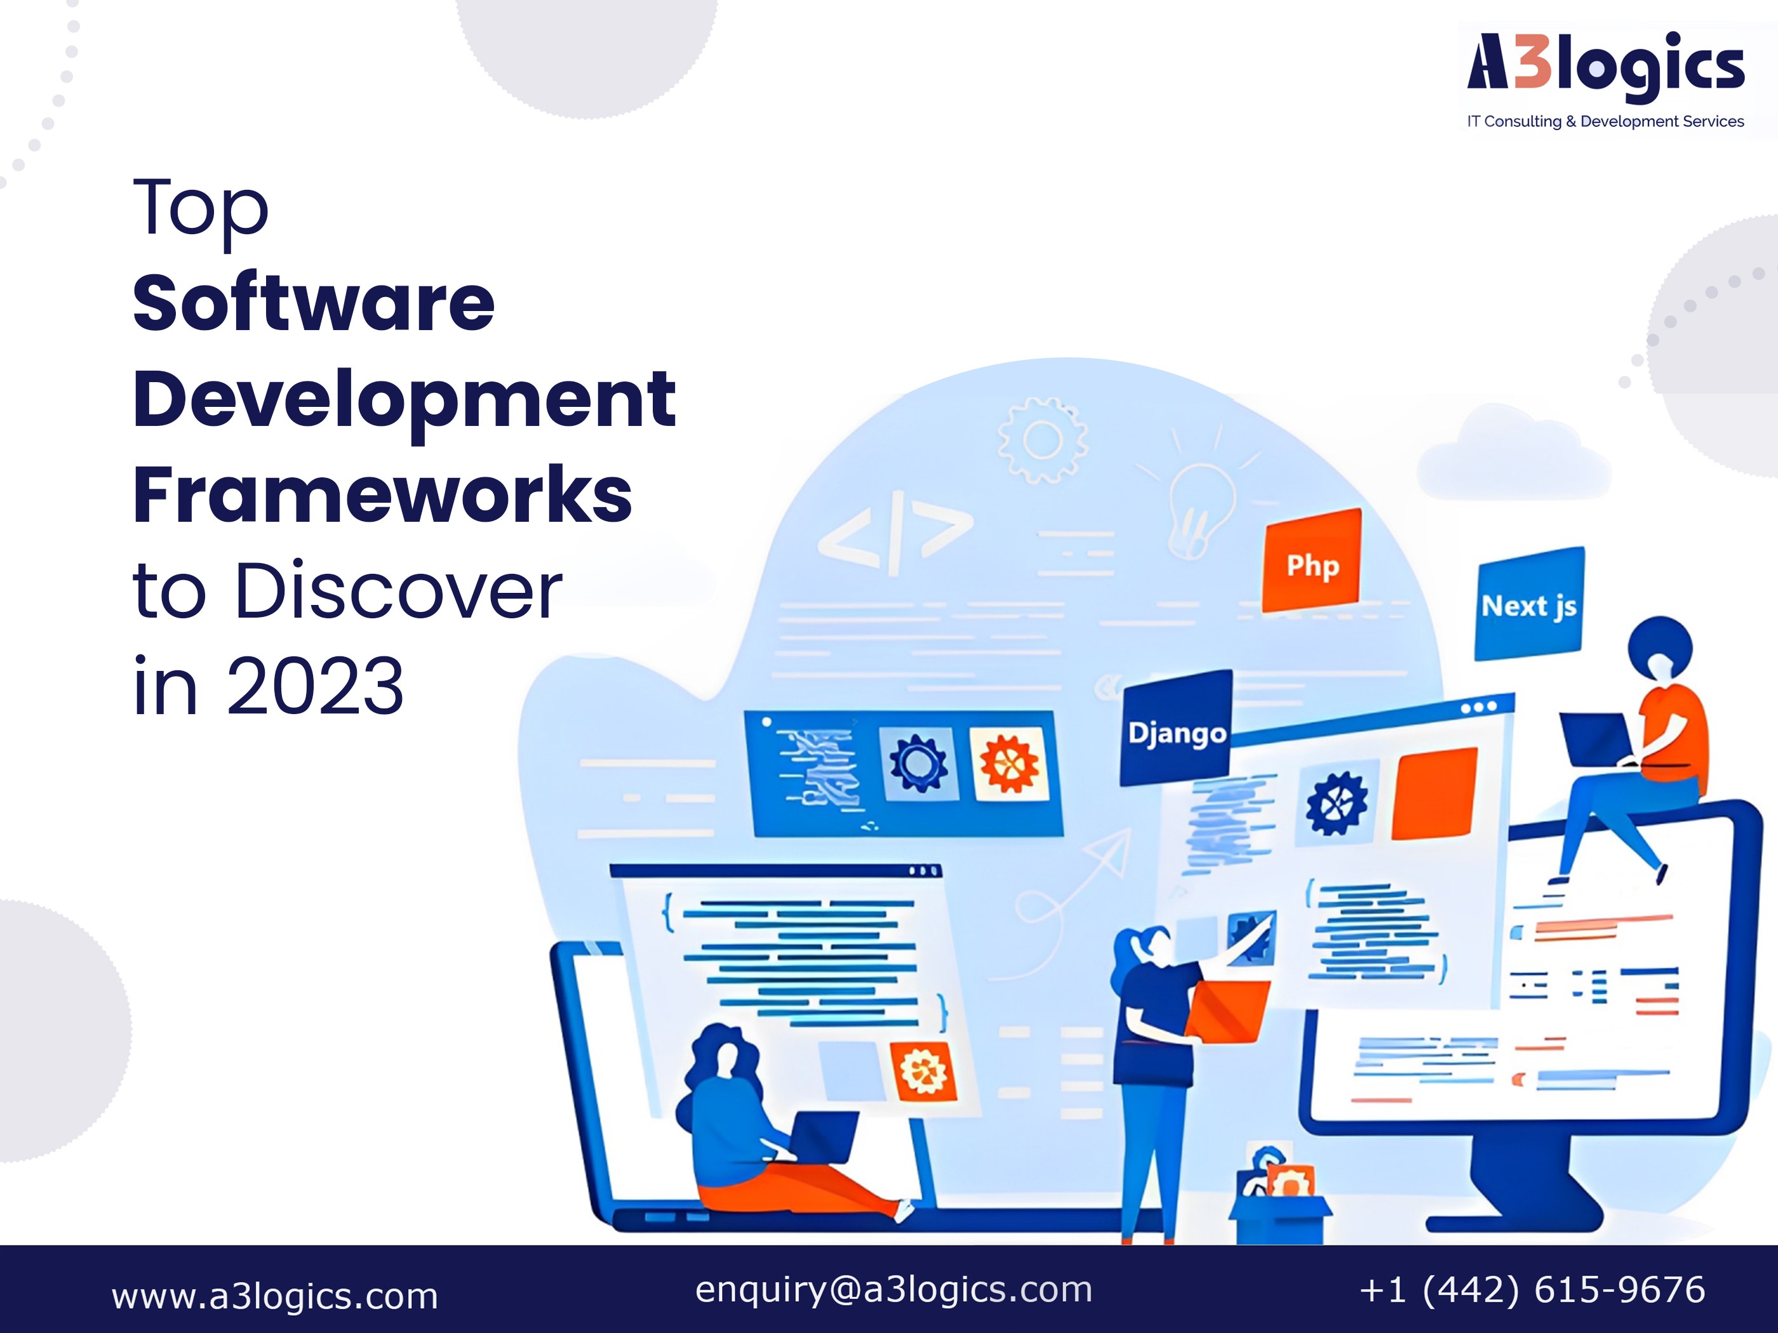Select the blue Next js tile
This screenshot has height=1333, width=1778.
click(1529, 604)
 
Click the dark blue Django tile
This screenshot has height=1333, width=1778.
click(1177, 729)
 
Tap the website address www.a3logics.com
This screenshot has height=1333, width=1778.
click(275, 1296)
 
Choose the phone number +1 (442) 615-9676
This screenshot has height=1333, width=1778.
click(1532, 1290)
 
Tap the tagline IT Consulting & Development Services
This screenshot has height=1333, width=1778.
click(1605, 121)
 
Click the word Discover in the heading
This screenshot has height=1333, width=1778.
click(399, 590)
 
